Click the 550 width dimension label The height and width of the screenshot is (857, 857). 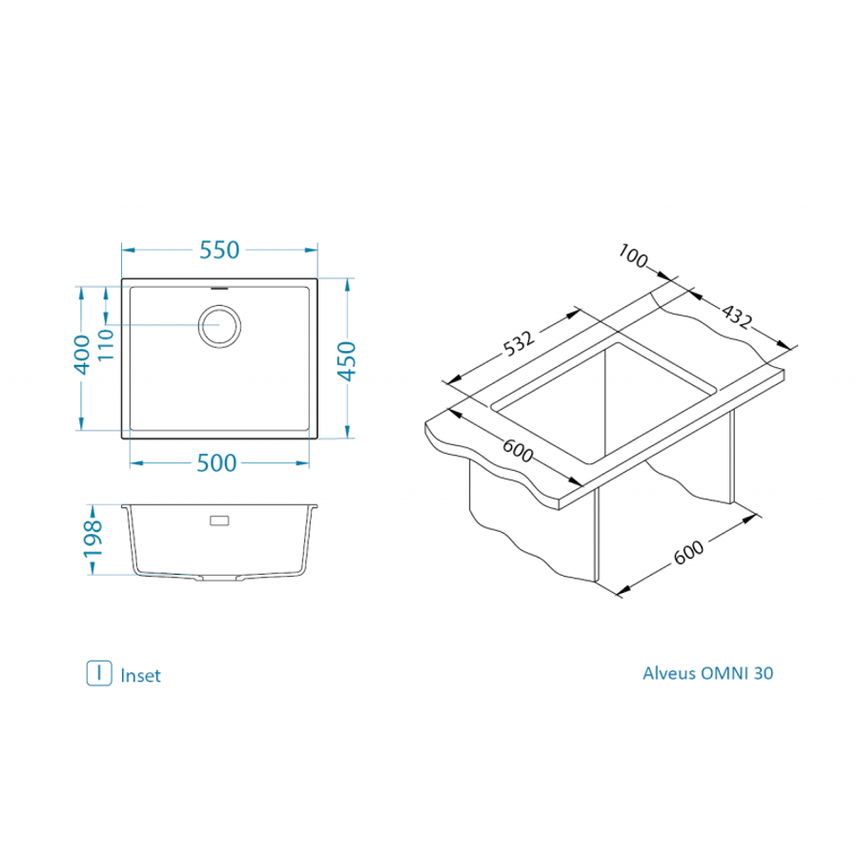[x=218, y=250]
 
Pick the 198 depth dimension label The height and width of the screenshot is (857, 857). [x=92, y=540]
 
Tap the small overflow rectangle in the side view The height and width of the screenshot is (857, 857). [x=218, y=520]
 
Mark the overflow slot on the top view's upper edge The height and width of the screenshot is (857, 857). [x=218, y=285]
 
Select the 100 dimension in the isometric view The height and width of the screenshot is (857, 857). [x=633, y=256]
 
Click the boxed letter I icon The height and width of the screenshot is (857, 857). [x=99, y=673]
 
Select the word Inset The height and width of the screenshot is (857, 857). [x=140, y=675]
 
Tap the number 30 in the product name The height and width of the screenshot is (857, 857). [x=764, y=673]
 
